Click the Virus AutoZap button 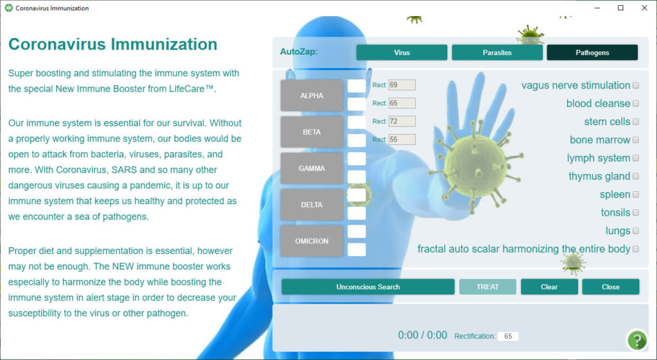[402, 53]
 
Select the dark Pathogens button [592, 53]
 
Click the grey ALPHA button [312, 96]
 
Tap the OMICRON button [312, 241]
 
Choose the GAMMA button [312, 168]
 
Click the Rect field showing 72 [402, 121]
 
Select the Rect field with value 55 [402, 139]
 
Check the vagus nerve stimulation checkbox [636, 85]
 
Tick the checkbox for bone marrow [636, 140]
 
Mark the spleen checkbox [636, 194]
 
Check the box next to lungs [636, 231]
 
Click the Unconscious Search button [368, 287]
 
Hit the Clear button [549, 287]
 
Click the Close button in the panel [611, 287]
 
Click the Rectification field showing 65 [508, 336]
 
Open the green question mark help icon [637, 340]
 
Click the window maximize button [620, 8]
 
